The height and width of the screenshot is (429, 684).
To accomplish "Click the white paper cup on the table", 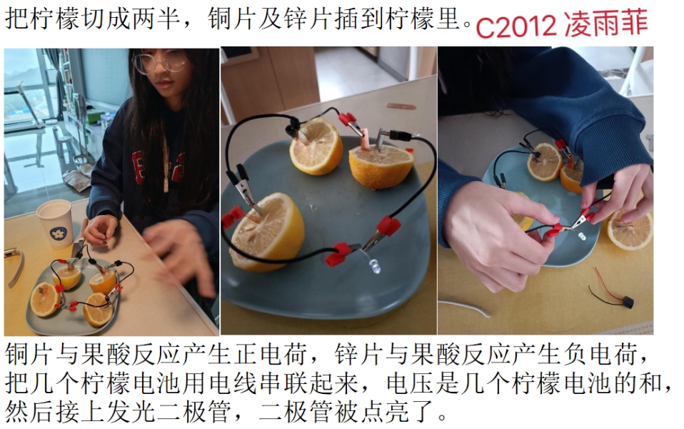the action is click(55, 223).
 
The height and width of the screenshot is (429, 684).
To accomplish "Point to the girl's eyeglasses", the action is click(160, 62).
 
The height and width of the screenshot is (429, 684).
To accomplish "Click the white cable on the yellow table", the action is click(465, 306).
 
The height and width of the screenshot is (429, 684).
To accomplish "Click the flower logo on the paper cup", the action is click(59, 234).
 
